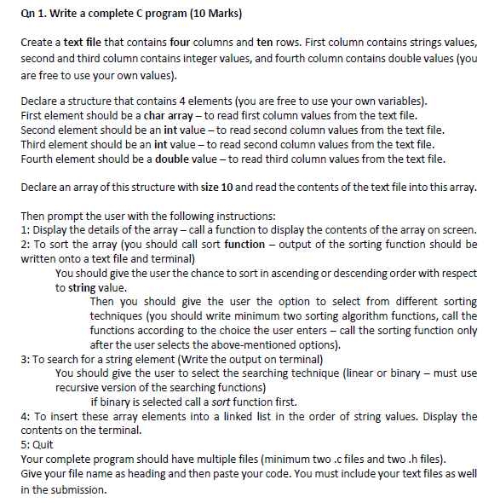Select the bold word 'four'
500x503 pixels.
point(188,42)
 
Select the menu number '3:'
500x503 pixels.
point(25,359)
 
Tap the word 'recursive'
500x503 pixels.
point(82,387)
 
